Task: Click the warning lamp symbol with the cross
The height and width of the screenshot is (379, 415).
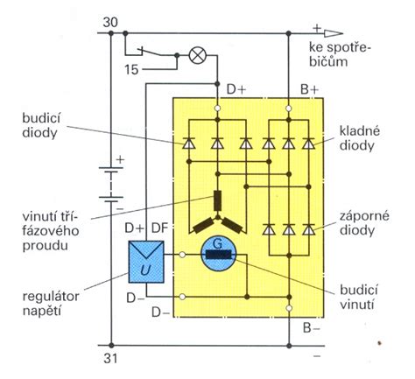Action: pyautogui.click(x=198, y=55)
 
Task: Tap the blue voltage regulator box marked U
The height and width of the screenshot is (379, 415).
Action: pyautogui.click(x=146, y=262)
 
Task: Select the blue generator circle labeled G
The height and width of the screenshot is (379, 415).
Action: pyautogui.click(x=219, y=254)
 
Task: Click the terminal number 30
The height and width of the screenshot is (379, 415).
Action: pyautogui.click(x=110, y=23)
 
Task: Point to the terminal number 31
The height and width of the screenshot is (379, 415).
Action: pyautogui.click(x=110, y=359)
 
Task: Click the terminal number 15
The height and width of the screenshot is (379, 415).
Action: pyautogui.click(x=131, y=70)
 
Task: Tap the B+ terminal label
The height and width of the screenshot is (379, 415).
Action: pyautogui.click(x=309, y=89)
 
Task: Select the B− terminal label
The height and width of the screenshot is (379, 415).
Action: pyautogui.click(x=311, y=328)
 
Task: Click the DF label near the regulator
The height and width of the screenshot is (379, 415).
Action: pyautogui.click(x=160, y=228)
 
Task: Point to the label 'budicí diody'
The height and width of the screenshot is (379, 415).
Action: pyautogui.click(x=41, y=126)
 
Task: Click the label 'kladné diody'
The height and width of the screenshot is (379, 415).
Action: pyautogui.click(x=360, y=138)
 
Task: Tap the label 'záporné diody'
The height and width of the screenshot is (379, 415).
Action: pyautogui.click(x=364, y=223)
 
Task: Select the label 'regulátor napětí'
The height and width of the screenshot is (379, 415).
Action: pyautogui.click(x=51, y=304)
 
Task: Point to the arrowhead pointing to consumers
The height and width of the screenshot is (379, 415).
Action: pyautogui.click(x=334, y=33)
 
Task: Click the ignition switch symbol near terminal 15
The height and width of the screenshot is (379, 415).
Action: pyautogui.click(x=150, y=52)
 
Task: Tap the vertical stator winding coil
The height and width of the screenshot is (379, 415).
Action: pyautogui.click(x=217, y=200)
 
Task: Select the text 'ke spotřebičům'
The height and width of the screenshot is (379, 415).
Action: pyautogui.click(x=340, y=54)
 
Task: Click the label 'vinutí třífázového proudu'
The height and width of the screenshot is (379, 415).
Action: pyautogui.click(x=51, y=231)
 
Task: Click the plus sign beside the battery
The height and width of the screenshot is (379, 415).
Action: pyautogui.click(x=120, y=159)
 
